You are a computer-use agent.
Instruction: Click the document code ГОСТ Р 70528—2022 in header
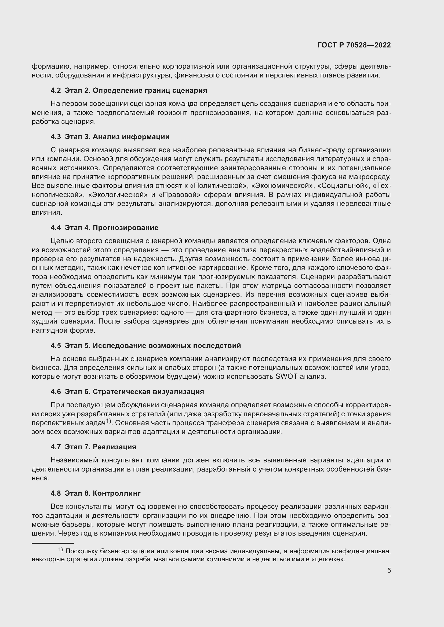coord(354,45)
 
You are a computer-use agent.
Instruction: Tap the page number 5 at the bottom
coord(389,570)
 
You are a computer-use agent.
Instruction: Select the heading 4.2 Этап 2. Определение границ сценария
coord(129,90)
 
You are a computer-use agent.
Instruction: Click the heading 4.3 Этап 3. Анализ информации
coord(110,137)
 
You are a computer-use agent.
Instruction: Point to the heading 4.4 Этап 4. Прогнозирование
coord(104,228)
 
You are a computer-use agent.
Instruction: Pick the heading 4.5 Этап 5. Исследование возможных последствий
coord(145,346)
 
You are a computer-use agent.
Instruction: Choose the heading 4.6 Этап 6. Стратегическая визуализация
coord(127,392)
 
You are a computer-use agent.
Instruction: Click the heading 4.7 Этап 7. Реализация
coord(93,447)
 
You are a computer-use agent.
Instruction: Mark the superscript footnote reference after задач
coord(108,421)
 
